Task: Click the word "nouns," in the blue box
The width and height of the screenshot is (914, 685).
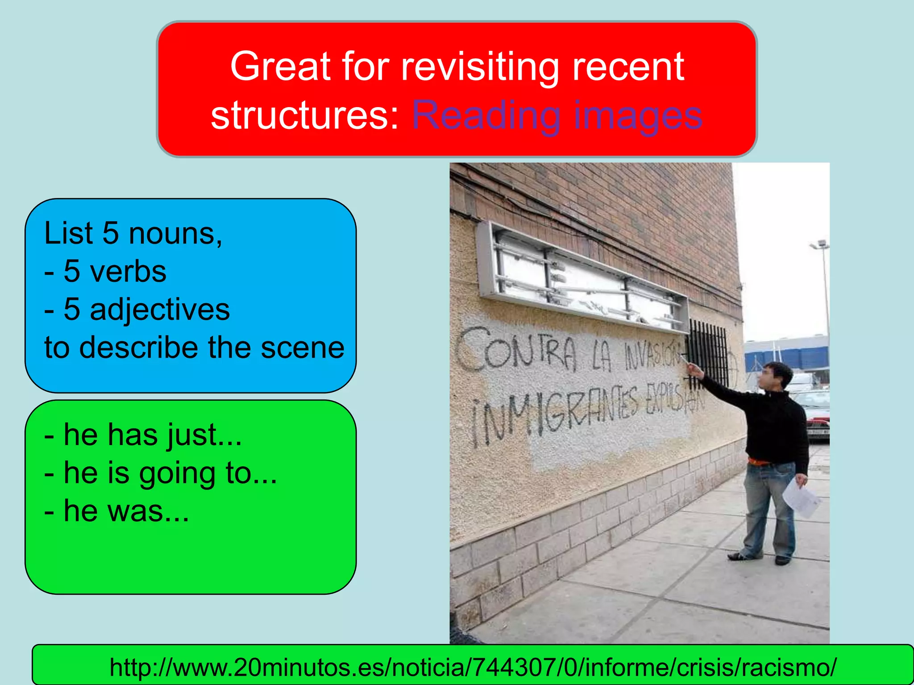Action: (x=175, y=234)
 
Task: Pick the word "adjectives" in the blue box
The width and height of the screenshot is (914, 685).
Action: (x=160, y=309)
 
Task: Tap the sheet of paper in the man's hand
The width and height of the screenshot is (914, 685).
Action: (x=802, y=497)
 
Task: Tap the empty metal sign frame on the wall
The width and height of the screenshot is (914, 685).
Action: (x=580, y=276)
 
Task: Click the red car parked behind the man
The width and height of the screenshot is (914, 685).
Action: (x=819, y=421)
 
